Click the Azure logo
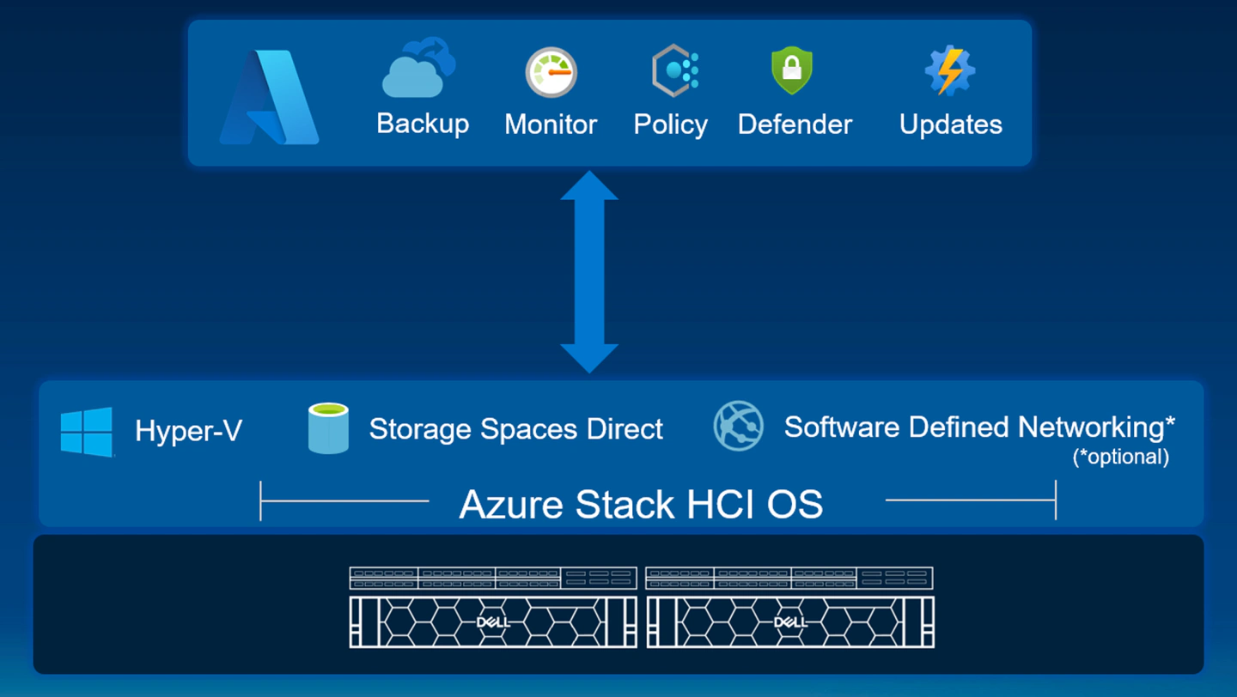tap(270, 97)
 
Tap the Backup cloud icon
tap(417, 69)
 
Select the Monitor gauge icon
tap(551, 72)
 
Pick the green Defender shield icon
tap(792, 70)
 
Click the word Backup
tap(423, 124)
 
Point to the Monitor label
tap(551, 124)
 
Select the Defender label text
tap(795, 124)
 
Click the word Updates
tap(951, 124)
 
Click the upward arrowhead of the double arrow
tap(589, 186)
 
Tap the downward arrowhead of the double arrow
tap(589, 357)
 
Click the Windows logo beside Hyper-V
tap(87, 432)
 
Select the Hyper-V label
tap(188, 431)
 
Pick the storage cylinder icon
tap(328, 428)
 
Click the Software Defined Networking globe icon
tap(739, 426)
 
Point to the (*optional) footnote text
tap(1120, 457)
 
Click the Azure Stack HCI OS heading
tap(641, 504)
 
